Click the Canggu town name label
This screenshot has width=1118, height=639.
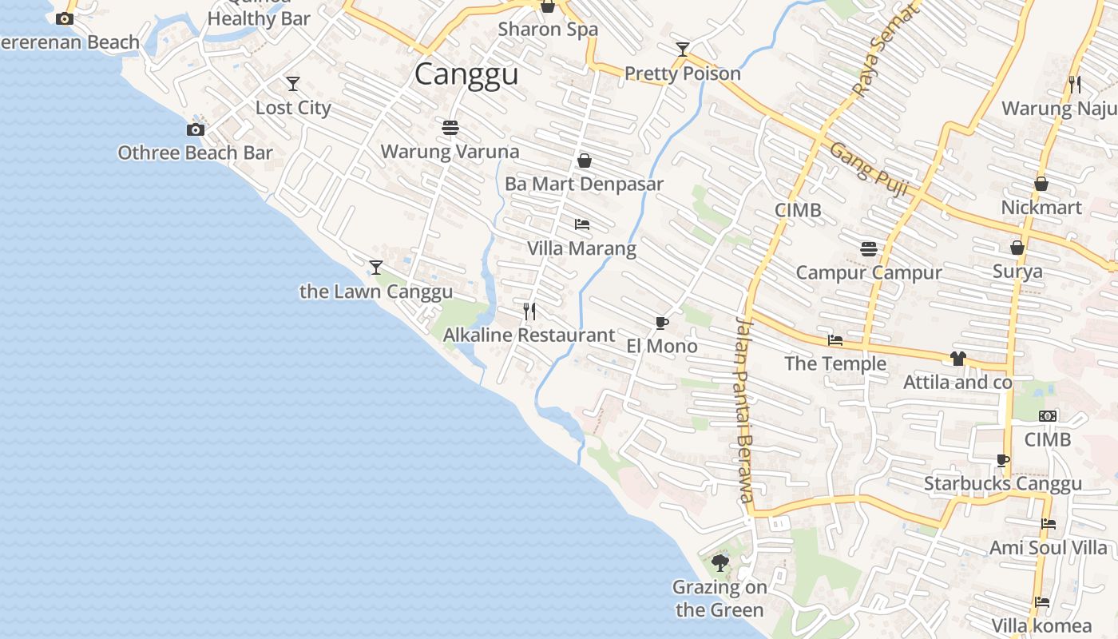pos(466,74)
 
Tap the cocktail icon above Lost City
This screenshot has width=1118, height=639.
pos(293,83)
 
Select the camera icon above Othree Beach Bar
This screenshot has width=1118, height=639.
pos(196,129)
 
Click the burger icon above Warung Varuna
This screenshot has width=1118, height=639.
pos(450,127)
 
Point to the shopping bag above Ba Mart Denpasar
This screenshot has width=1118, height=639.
pos(585,161)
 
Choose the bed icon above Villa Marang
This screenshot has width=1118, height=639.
pos(582,224)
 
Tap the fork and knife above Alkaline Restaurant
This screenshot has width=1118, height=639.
pos(529,311)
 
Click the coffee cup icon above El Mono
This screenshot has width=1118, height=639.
pos(661,323)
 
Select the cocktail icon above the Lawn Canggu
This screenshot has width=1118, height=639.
pos(376,267)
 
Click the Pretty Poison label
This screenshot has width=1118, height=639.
pos(683,73)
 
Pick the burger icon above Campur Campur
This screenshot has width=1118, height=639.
pos(869,248)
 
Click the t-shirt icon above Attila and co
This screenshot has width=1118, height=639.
pos(958,359)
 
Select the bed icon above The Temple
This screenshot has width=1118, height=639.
pos(835,340)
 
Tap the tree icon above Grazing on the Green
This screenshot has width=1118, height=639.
pos(720,563)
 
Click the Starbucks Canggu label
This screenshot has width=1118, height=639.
pos(1003,483)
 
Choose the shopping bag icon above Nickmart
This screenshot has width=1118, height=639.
pos(1041,185)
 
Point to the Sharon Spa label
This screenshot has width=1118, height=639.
pos(548,30)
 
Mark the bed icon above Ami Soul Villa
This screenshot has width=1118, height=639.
pos(1049,524)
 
